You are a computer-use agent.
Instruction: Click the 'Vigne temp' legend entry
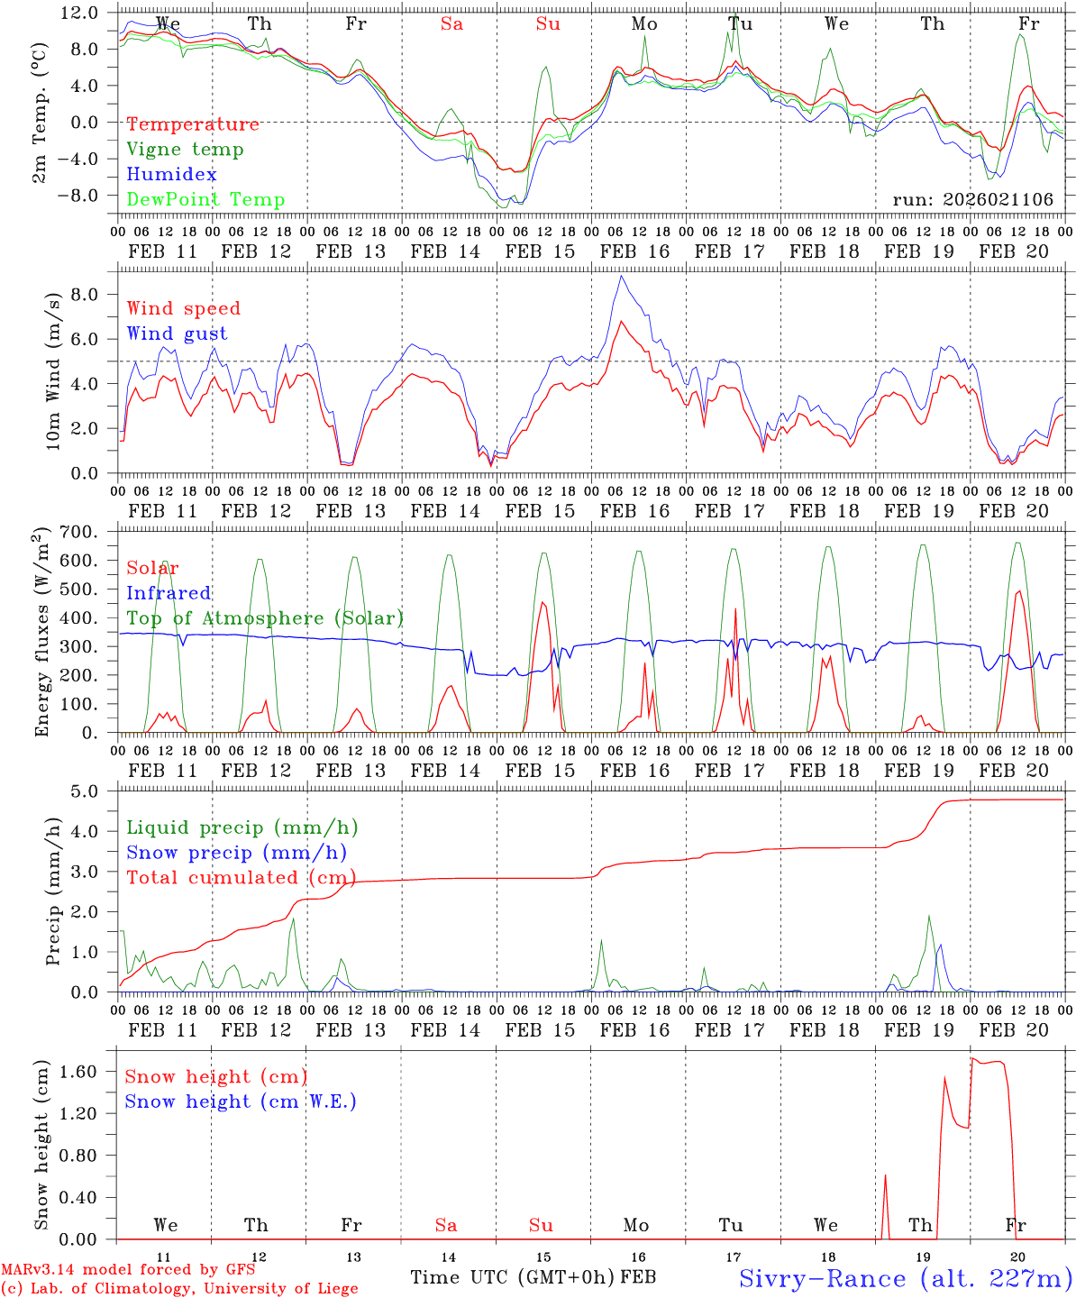185,150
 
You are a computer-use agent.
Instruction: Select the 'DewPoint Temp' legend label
205,200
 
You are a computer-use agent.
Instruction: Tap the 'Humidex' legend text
171,175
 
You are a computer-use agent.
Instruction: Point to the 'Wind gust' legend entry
177,334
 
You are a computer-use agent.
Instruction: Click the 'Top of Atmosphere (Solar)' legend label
265,618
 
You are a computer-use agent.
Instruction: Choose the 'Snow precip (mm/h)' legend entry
236,853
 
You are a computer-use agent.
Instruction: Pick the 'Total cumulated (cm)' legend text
241,878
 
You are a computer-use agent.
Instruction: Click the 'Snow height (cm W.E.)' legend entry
241,1101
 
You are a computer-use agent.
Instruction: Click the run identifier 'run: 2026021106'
972,200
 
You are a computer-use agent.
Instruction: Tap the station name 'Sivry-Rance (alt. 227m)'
905,1278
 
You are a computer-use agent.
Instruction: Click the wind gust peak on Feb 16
620,276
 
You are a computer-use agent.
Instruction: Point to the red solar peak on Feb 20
1018,591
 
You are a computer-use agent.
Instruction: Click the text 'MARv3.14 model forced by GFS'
128,1270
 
